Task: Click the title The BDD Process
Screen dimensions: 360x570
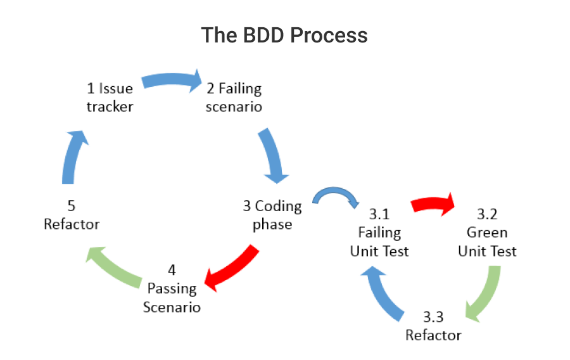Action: (x=284, y=35)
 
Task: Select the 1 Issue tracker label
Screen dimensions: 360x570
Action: (x=110, y=97)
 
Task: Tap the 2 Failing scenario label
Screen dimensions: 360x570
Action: (x=234, y=97)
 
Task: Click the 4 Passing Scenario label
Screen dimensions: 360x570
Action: (x=172, y=288)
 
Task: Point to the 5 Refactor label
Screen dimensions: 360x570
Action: (x=72, y=215)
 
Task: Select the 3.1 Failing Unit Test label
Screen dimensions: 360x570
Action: (x=379, y=232)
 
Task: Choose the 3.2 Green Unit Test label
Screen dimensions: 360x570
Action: (x=487, y=232)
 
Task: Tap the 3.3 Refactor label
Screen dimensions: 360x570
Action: (x=433, y=325)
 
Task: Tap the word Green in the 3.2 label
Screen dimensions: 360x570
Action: (x=487, y=232)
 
